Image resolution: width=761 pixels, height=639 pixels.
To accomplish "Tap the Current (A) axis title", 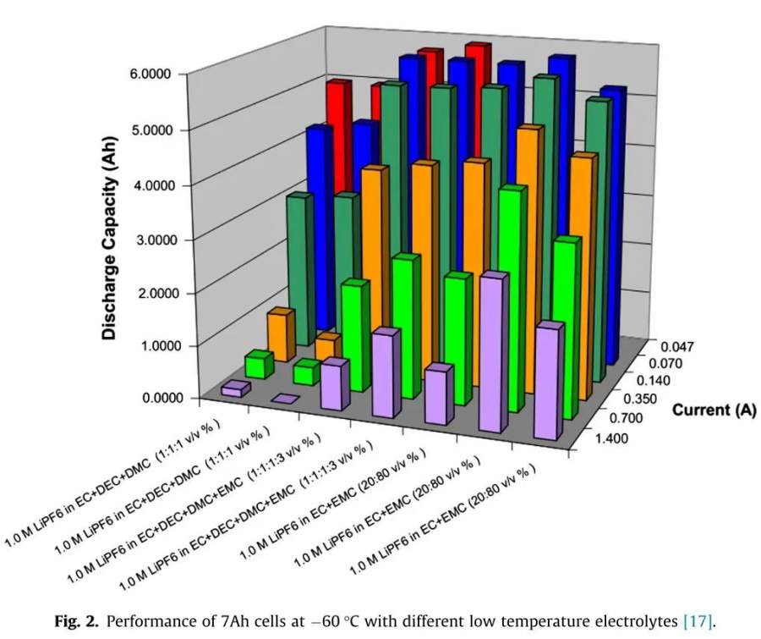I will point(714,411).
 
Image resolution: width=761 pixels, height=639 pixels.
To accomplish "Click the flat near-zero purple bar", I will point(284,399).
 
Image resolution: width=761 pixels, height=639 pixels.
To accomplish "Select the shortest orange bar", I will point(327,346).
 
